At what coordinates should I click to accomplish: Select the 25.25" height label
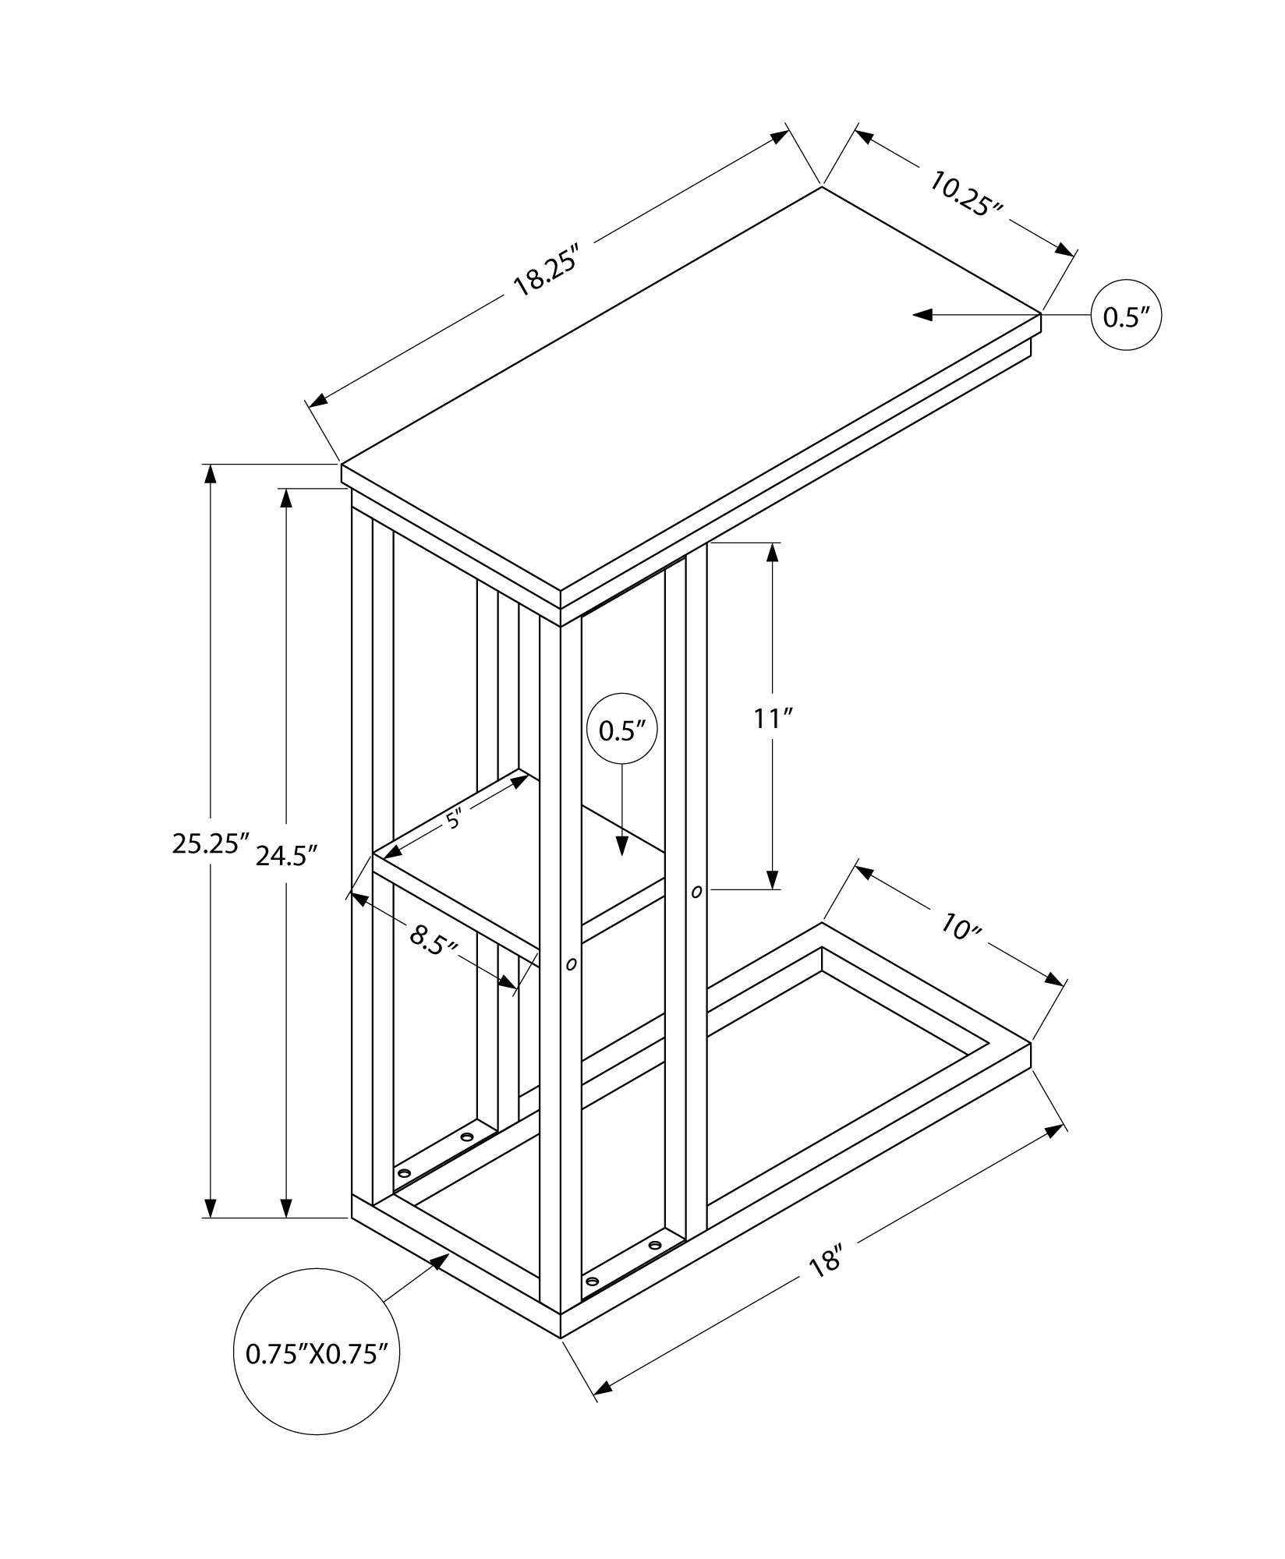click(210, 843)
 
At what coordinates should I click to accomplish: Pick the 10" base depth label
click(959, 927)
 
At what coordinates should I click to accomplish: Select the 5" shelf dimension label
click(455, 818)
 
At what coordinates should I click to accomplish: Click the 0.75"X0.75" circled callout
click(317, 1375)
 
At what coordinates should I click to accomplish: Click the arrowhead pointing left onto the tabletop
click(922, 315)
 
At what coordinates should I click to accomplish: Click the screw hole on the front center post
click(571, 965)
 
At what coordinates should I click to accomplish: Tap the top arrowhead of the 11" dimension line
click(773, 552)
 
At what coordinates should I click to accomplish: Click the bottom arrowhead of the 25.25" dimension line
click(210, 1228)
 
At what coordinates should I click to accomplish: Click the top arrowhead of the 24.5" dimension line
click(287, 498)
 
